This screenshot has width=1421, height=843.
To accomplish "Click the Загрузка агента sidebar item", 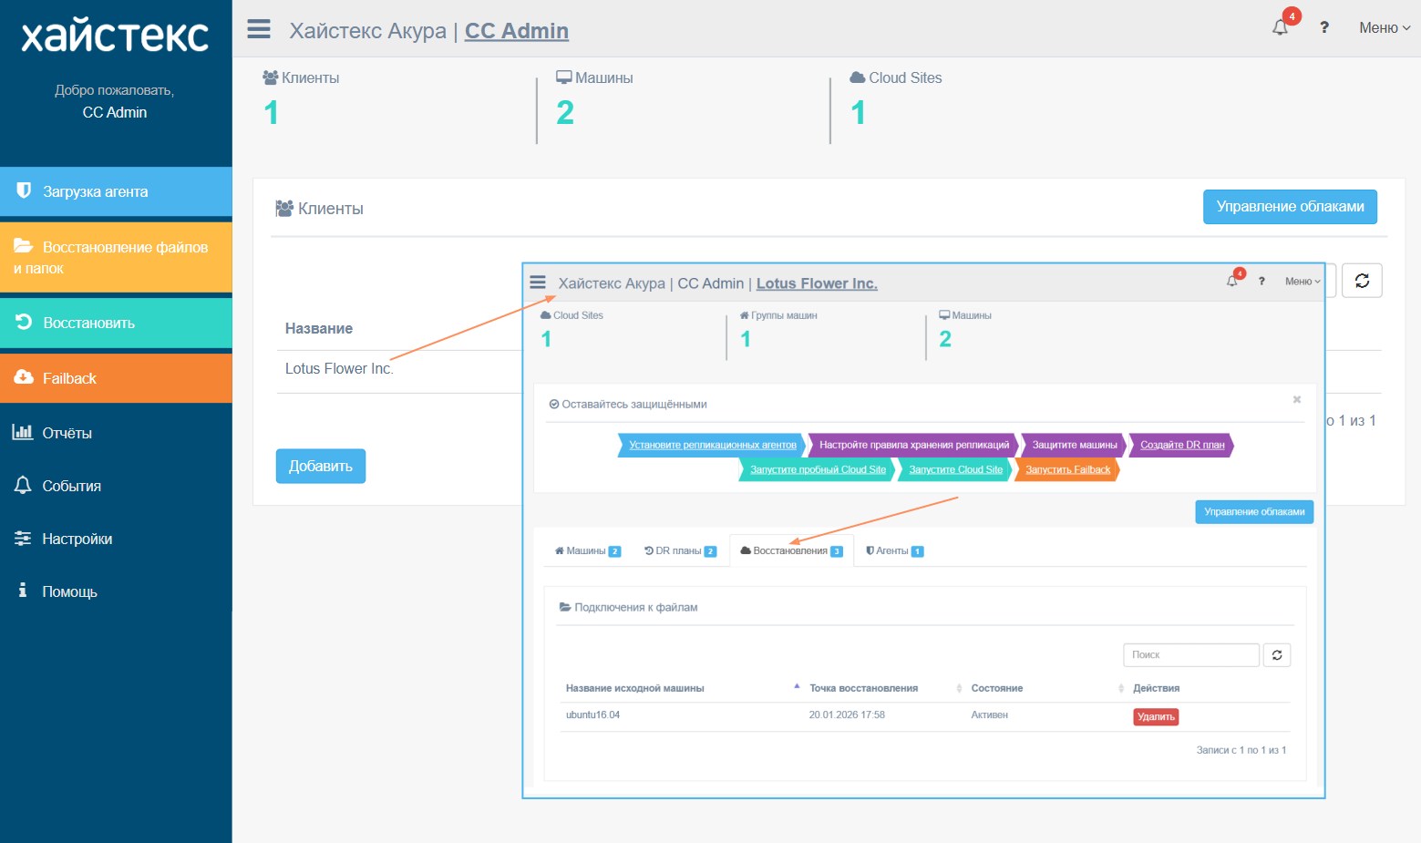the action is [x=116, y=191].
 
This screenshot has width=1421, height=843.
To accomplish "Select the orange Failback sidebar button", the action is [x=116, y=378].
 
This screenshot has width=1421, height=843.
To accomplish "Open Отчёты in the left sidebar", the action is [x=67, y=433].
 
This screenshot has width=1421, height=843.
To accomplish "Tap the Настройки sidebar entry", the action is [x=77, y=539].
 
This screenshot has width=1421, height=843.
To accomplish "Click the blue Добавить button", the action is [x=320, y=467].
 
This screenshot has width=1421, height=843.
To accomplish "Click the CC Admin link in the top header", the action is [x=517, y=30].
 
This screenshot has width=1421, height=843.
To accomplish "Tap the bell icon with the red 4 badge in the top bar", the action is [x=1281, y=27].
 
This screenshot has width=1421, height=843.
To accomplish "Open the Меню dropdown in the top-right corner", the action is [x=1385, y=28].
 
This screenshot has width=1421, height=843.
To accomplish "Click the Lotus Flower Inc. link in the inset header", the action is [x=817, y=283].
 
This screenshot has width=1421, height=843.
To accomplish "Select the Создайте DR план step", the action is [x=1182, y=445].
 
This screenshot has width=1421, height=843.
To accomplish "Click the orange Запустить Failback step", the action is [x=1067, y=469].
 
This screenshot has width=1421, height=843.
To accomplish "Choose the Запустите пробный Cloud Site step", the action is [x=818, y=469].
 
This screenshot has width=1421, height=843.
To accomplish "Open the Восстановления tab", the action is [x=792, y=550].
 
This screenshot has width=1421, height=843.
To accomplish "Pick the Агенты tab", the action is [x=894, y=550].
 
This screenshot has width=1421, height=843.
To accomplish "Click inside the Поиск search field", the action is [x=1190, y=654].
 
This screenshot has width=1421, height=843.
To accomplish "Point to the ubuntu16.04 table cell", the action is [x=592, y=714].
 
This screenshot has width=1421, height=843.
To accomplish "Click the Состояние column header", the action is [x=996, y=688].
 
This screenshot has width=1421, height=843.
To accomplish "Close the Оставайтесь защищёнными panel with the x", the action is [x=1297, y=399].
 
